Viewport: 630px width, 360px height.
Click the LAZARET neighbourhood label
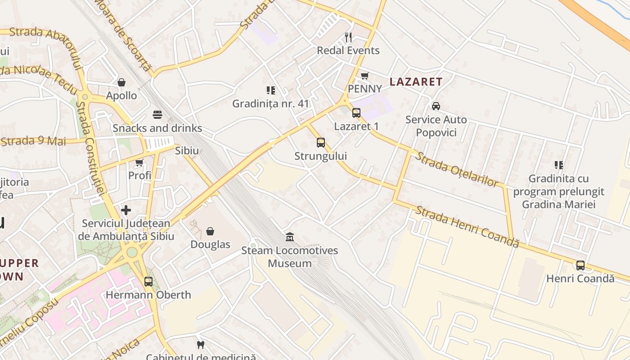pyautogui.click(x=416, y=82)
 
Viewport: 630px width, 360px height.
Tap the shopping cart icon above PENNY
pyautogui.click(x=365, y=76)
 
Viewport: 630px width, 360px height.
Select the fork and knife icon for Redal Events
pyautogui.click(x=348, y=37)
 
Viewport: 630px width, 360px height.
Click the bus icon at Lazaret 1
pyautogui.click(x=356, y=113)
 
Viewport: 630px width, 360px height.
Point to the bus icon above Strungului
pyautogui.click(x=321, y=143)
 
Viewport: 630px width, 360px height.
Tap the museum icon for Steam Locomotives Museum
pyautogui.click(x=290, y=237)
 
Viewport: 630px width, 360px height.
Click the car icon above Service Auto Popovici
pyautogui.click(x=436, y=106)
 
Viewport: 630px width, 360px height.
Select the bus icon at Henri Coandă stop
pyautogui.click(x=580, y=265)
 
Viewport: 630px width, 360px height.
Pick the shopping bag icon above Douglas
pyautogui.click(x=210, y=231)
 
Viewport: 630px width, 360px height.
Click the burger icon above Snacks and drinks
pyautogui.click(x=157, y=115)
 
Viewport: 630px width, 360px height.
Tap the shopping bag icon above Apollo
pyautogui.click(x=121, y=82)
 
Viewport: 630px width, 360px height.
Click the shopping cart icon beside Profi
pyautogui.click(x=139, y=162)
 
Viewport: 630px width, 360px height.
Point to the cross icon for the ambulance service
pyautogui.click(x=126, y=210)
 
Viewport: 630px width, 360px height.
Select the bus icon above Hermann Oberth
pyautogui.click(x=148, y=282)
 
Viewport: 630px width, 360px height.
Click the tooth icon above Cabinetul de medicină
pyautogui.click(x=201, y=345)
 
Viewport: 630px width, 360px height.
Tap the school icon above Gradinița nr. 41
pyautogui.click(x=270, y=90)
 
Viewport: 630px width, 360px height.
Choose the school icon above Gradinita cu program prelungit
pyautogui.click(x=559, y=165)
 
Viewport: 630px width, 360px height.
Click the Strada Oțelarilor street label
pyautogui.click(x=456, y=169)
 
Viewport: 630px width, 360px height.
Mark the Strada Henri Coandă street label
pyautogui.click(x=467, y=226)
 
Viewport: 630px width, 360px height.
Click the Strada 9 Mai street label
pyautogui.click(x=34, y=141)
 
